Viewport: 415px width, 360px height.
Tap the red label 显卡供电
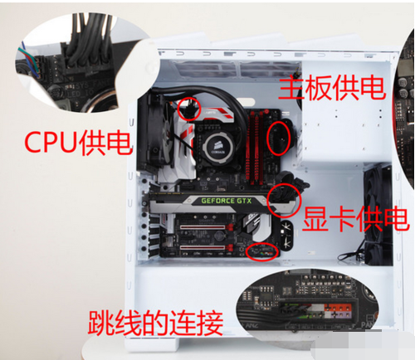tap(355, 218)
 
